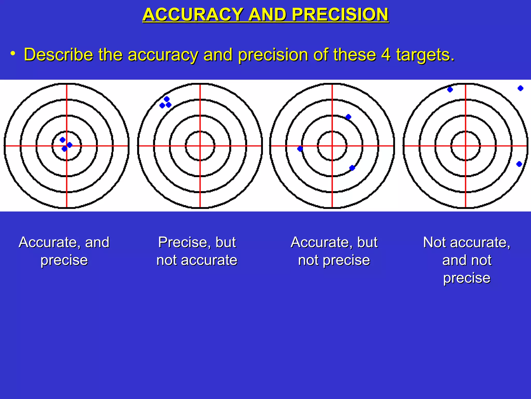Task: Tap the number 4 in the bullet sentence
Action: [x=386, y=55]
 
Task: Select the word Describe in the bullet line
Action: [x=58, y=55]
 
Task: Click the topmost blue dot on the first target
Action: [x=62, y=140]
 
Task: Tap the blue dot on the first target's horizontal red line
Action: [x=69, y=145]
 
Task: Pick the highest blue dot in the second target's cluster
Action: [x=167, y=99]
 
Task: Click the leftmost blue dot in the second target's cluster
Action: [x=162, y=105]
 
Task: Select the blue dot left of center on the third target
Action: [x=300, y=149]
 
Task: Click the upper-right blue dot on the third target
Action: [x=348, y=117]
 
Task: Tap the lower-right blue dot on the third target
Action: [x=352, y=168]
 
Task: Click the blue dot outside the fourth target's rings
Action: [x=520, y=88]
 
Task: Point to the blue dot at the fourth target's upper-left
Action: [x=450, y=90]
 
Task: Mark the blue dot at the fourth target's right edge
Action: [x=519, y=164]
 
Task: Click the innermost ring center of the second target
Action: [x=200, y=146]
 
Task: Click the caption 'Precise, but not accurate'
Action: [x=197, y=251]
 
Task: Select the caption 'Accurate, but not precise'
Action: [x=334, y=251]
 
